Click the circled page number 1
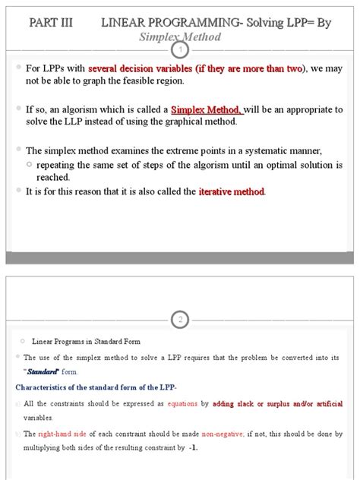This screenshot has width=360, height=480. click(180, 50)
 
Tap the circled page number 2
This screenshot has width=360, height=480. click(180, 319)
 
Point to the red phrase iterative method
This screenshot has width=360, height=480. click(232, 191)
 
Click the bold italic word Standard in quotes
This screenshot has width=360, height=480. click(43, 371)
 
